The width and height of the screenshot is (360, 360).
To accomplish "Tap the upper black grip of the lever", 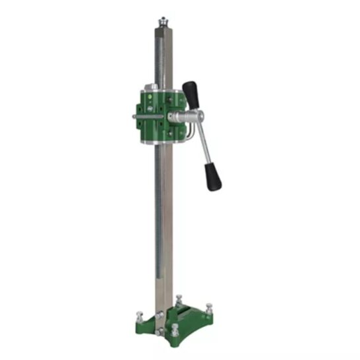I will coord(192,94).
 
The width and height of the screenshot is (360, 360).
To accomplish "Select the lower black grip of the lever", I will coord(213,176).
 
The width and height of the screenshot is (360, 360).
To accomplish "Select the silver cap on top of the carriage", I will coord(153,87).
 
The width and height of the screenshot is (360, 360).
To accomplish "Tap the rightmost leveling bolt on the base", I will coord(209,309).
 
